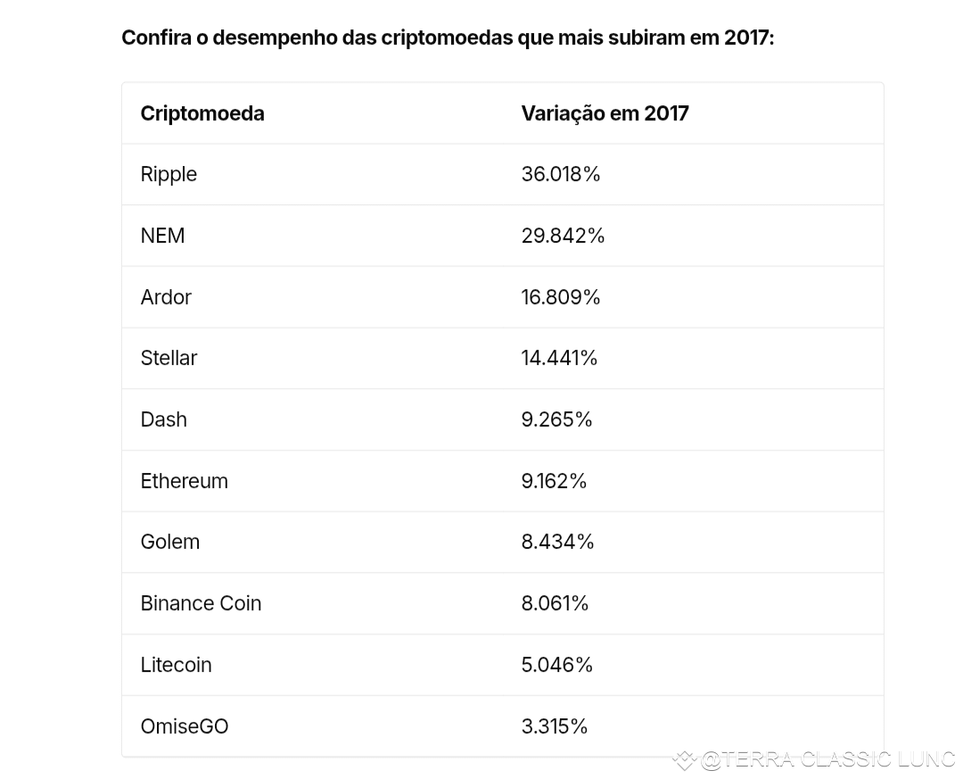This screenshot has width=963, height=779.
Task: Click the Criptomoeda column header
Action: point(202,113)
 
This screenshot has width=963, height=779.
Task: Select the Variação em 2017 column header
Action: point(605,113)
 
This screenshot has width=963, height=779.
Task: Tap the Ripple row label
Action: point(169,175)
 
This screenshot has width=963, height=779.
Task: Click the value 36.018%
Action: point(561,174)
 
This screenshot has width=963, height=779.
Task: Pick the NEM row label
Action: point(163,236)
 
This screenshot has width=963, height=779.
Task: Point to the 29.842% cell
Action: point(564,236)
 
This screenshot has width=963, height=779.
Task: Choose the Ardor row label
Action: point(166,297)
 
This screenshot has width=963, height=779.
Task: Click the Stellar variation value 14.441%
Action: point(559,358)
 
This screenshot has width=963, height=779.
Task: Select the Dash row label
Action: point(164,419)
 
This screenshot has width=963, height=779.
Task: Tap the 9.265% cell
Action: point(557,419)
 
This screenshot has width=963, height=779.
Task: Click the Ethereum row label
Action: point(185,481)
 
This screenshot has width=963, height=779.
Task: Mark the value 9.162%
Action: point(554,481)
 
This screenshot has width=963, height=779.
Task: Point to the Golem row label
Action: point(170,542)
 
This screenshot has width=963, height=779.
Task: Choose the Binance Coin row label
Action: point(201,603)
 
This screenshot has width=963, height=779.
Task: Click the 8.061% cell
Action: point(556,603)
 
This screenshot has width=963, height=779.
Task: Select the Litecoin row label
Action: point(177,665)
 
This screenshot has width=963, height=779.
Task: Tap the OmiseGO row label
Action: point(185,726)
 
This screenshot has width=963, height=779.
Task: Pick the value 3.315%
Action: point(555,726)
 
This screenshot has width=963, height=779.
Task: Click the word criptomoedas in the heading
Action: point(447,38)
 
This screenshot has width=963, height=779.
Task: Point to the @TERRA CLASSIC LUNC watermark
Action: point(818,760)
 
